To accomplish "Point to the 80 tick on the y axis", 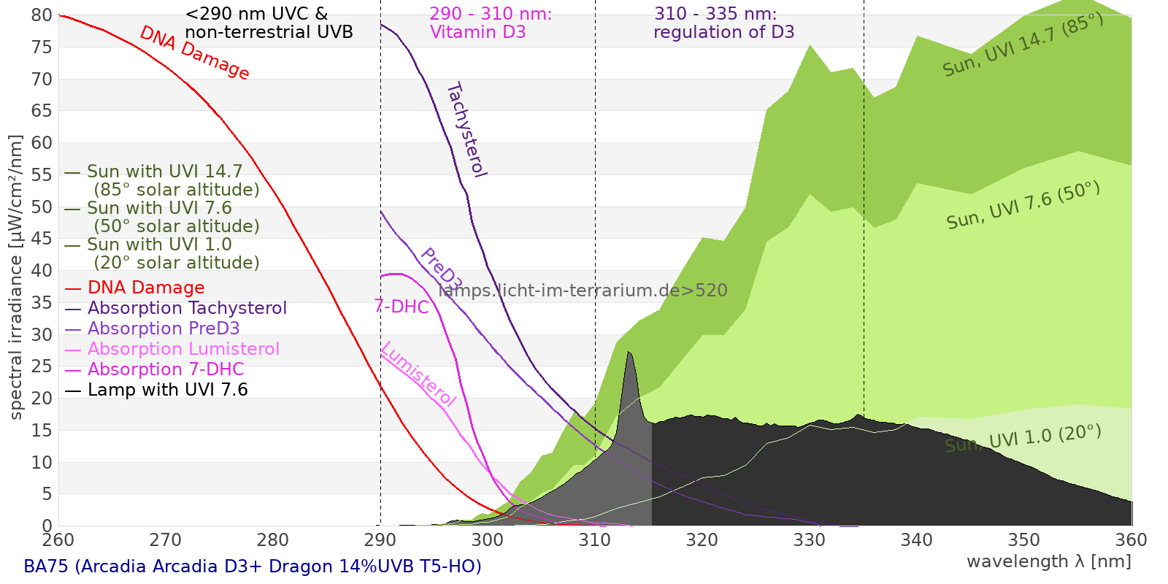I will click(x=42, y=15).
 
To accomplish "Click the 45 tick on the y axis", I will click(x=42, y=239).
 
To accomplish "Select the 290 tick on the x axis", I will click(x=380, y=540).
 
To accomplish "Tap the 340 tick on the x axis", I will click(x=917, y=540).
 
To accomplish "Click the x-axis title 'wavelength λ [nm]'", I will click(x=1048, y=561).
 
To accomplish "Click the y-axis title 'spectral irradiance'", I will click(x=16, y=277).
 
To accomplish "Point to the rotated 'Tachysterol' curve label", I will click(x=466, y=130).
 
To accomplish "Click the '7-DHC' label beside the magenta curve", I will click(x=401, y=307).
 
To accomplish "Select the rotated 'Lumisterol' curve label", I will click(x=418, y=374).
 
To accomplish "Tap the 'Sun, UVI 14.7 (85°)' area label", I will click(x=1023, y=45).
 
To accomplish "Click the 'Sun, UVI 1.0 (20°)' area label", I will click(x=1023, y=439).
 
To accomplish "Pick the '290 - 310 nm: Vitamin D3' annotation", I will click(x=491, y=23).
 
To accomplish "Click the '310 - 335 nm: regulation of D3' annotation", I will click(x=723, y=23).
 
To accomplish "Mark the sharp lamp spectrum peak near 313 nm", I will click(x=629, y=353).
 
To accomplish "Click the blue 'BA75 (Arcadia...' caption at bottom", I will click(x=253, y=566).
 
